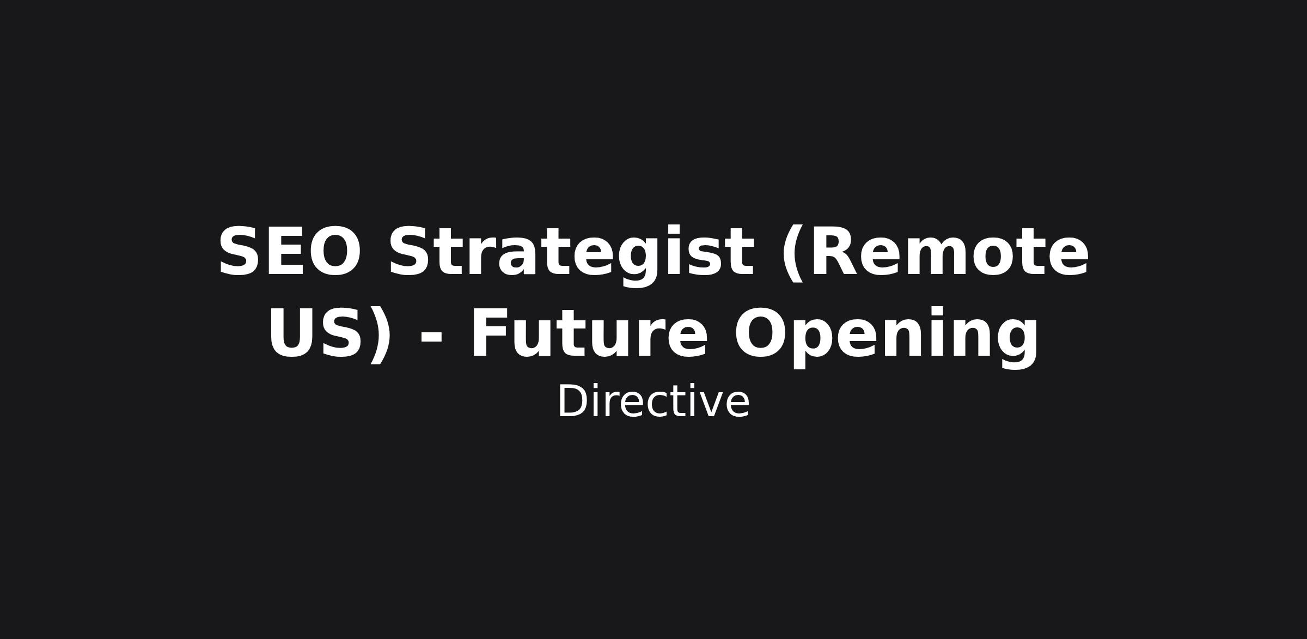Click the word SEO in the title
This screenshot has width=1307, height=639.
click(x=289, y=252)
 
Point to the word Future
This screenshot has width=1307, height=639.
click(x=589, y=333)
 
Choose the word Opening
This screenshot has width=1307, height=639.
click(x=887, y=337)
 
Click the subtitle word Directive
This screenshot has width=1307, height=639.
click(x=653, y=401)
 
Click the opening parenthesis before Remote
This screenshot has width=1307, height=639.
click(x=792, y=253)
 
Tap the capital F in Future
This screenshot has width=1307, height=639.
click(x=492, y=333)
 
